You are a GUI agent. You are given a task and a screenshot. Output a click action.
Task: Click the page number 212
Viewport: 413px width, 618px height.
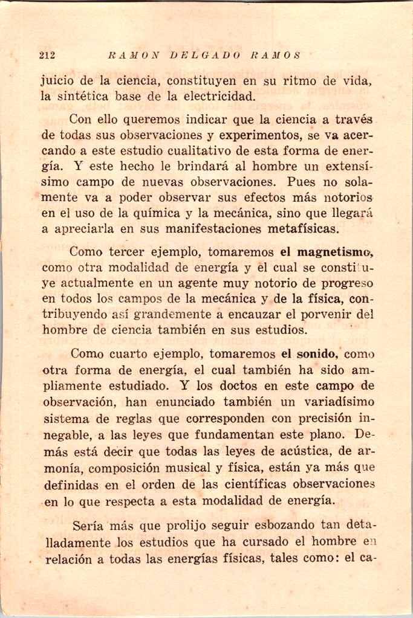click(47, 55)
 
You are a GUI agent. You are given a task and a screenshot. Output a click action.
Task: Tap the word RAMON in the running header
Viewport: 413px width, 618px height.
click(134, 55)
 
